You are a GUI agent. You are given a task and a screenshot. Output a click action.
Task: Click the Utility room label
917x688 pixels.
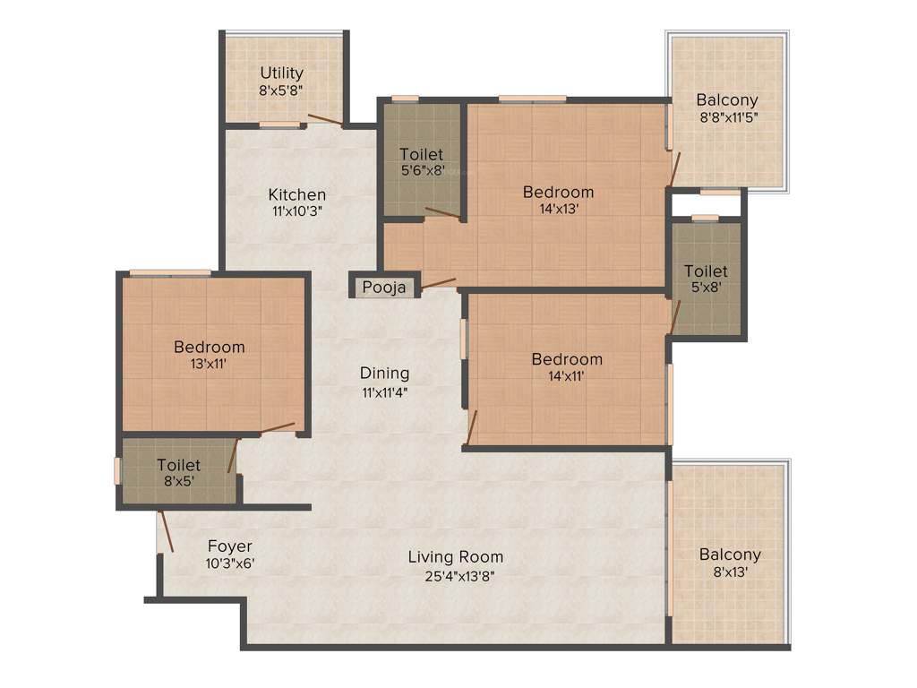(281, 73)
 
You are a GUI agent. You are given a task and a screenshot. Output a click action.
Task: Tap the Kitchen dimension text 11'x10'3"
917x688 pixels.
(297, 212)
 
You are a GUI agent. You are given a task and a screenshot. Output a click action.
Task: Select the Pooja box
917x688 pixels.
(384, 287)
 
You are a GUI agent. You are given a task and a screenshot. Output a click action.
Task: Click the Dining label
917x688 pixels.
(384, 373)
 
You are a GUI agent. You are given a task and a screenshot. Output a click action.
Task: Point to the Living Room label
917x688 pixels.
(455, 556)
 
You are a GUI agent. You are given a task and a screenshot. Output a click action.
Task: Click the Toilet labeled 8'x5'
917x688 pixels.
(179, 473)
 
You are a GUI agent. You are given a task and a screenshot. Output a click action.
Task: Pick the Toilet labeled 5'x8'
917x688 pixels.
(706, 279)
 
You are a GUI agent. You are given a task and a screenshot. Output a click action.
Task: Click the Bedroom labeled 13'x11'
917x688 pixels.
(209, 355)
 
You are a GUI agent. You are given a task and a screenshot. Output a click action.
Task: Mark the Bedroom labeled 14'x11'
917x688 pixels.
(567, 367)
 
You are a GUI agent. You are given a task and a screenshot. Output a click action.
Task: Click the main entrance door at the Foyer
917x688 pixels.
(163, 532)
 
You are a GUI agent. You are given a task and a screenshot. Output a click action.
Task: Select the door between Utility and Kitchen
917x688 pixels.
(324, 120)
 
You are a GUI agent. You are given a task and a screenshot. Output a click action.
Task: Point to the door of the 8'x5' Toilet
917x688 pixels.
(232, 456)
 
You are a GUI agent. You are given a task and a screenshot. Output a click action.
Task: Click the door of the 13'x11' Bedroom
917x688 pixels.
(277, 428)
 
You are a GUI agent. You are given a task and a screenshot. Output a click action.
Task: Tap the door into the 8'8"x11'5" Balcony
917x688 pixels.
(675, 168)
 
